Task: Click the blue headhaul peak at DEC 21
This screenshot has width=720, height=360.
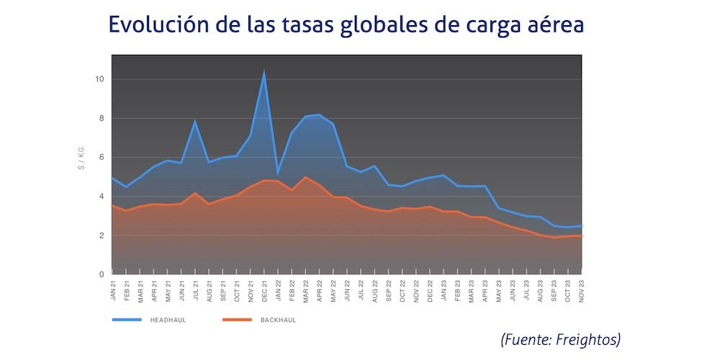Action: click(x=264, y=71)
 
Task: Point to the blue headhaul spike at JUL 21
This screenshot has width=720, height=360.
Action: click(x=194, y=121)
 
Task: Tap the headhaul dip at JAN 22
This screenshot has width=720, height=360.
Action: click(x=278, y=174)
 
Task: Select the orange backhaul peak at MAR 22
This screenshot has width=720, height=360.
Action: click(x=306, y=177)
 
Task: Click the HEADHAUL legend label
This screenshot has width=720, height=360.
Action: click(x=168, y=319)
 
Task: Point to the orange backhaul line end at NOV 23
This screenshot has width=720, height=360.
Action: click(x=581, y=235)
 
